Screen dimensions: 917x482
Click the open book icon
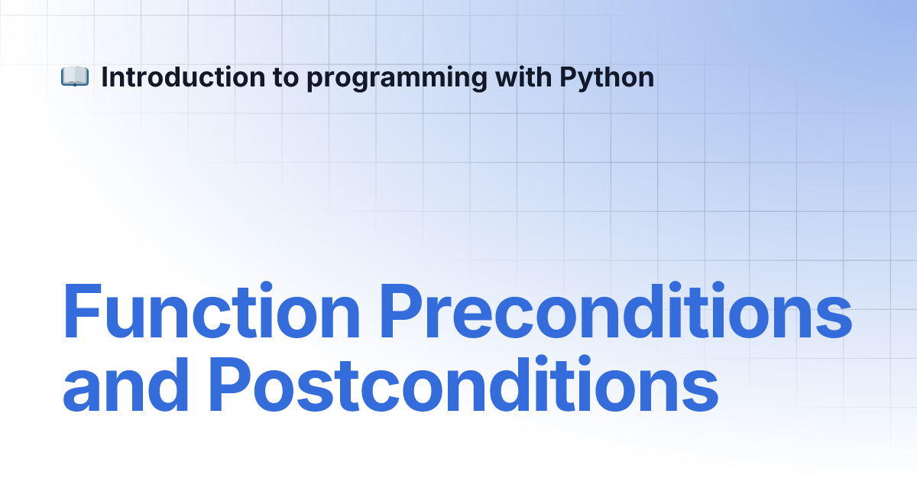tap(75, 77)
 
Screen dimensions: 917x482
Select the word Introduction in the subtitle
tap(183, 77)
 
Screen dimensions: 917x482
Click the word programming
tap(397, 79)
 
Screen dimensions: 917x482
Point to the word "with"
tap(523, 77)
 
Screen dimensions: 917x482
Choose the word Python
tap(607, 79)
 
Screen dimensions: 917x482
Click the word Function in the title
tap(211, 311)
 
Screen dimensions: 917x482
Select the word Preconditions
tap(616, 311)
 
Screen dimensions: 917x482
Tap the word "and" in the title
tap(125, 384)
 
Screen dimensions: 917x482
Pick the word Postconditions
tap(464, 384)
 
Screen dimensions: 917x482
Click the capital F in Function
tap(83, 311)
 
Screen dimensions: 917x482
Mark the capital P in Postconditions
tap(230, 384)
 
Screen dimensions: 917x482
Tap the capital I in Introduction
tap(104, 77)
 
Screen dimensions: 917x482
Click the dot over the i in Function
tap(266, 288)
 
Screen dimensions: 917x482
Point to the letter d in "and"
tap(168, 384)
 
